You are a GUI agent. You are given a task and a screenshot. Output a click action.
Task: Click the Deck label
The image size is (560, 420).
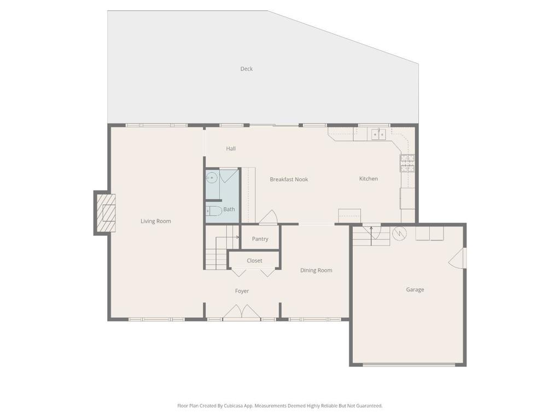[247, 69]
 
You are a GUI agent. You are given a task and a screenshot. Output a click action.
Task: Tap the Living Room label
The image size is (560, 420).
[156, 221]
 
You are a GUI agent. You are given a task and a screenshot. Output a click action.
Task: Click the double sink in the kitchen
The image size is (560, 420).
[378, 134]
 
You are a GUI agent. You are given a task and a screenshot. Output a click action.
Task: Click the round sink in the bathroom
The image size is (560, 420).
[212, 177]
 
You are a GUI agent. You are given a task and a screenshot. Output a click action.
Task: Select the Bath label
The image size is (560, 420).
[229, 209]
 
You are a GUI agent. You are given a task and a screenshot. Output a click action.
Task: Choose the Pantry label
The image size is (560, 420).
[260, 239]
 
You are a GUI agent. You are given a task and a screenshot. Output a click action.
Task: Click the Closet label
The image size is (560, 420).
[254, 261]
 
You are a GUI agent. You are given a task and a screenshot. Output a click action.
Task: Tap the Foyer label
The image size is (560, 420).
[242, 291]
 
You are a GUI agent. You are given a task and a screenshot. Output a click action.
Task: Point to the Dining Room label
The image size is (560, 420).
[316, 271]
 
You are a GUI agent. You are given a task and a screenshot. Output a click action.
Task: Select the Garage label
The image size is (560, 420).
[415, 290]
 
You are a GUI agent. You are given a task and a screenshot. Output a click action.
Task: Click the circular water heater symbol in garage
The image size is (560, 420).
[400, 233]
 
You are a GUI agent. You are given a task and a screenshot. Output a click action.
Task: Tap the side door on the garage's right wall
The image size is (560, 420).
[458, 258]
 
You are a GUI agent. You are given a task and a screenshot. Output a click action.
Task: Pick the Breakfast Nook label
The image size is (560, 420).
[289, 179]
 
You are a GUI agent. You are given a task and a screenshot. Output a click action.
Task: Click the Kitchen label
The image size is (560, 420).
[369, 179]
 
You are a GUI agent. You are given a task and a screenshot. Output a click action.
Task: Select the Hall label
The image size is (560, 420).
[231, 149]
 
